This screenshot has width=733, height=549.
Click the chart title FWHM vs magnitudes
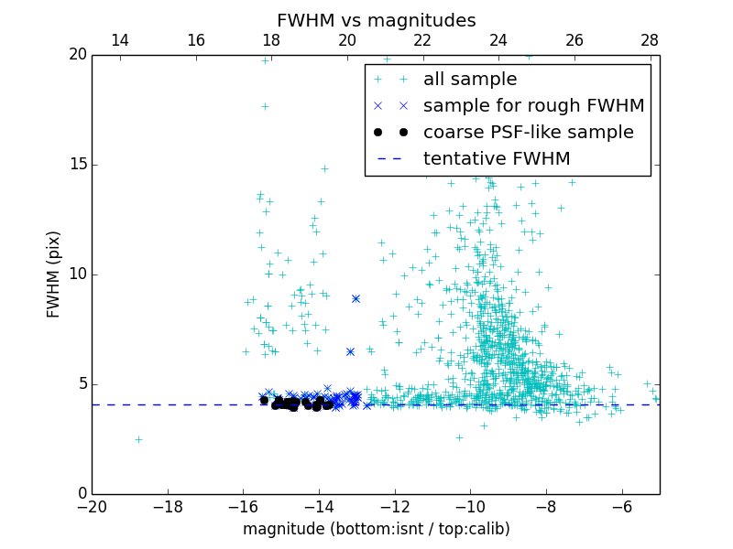click(376, 20)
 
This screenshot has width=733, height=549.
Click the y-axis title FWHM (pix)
click(54, 274)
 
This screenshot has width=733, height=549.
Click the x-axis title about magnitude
click(376, 529)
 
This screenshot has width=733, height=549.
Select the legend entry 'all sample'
click(470, 80)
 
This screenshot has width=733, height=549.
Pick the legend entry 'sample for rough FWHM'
click(533, 106)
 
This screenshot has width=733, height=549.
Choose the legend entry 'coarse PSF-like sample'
click(528, 133)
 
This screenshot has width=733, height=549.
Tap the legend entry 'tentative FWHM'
click(497, 159)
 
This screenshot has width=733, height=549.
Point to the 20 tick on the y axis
click(77, 55)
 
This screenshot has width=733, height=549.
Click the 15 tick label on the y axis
click(77, 165)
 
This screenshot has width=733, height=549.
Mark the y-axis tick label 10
click(77, 274)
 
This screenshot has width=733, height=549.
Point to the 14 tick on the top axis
click(120, 40)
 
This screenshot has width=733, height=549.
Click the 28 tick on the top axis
click(650, 40)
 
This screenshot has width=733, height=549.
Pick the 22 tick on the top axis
click(422, 40)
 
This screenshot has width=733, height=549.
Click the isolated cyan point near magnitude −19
click(138, 439)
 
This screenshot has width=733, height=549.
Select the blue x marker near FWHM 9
click(356, 298)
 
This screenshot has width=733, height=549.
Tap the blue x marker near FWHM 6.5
click(350, 351)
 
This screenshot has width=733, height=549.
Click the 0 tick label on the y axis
click(82, 494)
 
